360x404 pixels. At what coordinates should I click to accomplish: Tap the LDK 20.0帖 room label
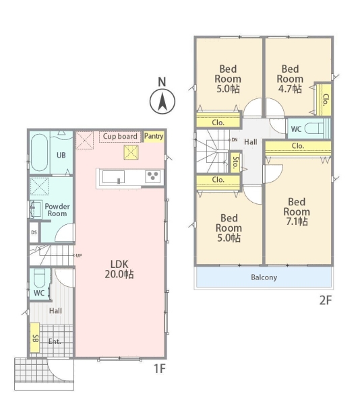tap(119, 269)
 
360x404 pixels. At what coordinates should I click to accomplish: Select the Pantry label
tap(154, 136)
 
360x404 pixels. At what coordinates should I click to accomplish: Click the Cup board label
tap(120, 136)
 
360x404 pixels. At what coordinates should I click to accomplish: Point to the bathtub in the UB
tap(39, 153)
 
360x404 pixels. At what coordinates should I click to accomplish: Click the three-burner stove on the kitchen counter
tap(152, 176)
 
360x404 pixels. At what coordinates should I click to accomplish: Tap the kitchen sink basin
tap(113, 177)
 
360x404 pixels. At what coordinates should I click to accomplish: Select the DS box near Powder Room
tap(34, 232)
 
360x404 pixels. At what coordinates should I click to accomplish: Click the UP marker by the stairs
tap(78, 256)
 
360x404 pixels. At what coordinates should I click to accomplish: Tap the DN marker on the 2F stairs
tap(233, 140)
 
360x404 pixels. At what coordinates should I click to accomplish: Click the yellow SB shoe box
tap(35, 338)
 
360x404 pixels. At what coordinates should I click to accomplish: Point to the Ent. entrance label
tap(55, 341)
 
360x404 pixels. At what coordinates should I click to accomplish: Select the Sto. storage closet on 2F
tap(235, 162)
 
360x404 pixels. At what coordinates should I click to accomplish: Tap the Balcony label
tap(264, 277)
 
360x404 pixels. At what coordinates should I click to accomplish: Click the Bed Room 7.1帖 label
tap(297, 212)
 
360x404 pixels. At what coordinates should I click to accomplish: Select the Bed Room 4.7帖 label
tap(290, 79)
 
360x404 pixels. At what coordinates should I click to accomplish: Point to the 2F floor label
tap(326, 300)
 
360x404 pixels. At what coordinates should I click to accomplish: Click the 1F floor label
tap(160, 369)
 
